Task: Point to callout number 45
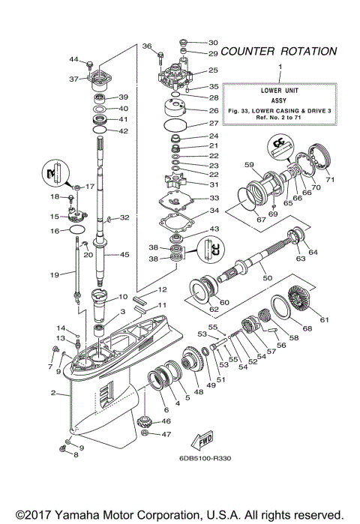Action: click(x=124, y=254)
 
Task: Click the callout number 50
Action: click(x=266, y=278)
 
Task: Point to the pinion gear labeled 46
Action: click(x=144, y=418)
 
